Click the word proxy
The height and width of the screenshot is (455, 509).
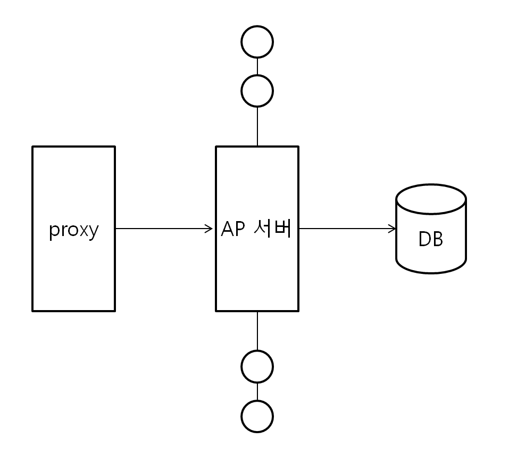pyautogui.click(x=74, y=230)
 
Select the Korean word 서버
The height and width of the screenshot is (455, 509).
pyautogui.click(x=272, y=229)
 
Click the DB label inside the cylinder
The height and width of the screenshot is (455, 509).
pyautogui.click(x=431, y=240)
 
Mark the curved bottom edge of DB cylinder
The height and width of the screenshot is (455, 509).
pyautogui.click(x=431, y=272)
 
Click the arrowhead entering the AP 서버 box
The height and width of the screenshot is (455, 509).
pyautogui.click(x=210, y=229)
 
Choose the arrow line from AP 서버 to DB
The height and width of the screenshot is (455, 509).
pyautogui.click(x=346, y=229)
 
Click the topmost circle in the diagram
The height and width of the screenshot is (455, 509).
pyautogui.click(x=257, y=42)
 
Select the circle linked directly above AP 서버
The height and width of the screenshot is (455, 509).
pyautogui.click(x=257, y=91)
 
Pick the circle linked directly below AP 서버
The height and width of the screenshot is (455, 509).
pyautogui.click(x=257, y=366)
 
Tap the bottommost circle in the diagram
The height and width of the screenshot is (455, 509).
pyautogui.click(x=257, y=416)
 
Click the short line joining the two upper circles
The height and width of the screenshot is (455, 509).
pyautogui.click(x=257, y=66)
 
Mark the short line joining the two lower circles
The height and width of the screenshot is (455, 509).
pyautogui.click(x=257, y=391)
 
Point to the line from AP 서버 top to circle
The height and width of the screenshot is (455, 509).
pyautogui.click(x=257, y=126)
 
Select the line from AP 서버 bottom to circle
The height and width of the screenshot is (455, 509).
pyautogui.click(x=257, y=330)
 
